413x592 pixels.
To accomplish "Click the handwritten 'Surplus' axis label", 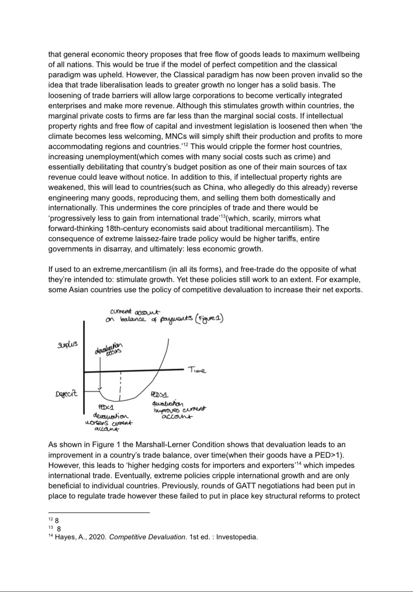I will (67, 345).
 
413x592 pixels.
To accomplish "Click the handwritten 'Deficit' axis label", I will (67, 393).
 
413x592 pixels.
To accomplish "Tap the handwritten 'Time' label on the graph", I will (197, 370).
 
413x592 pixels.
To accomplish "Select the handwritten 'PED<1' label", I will (106, 407).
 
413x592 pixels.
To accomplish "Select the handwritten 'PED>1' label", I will (159, 394).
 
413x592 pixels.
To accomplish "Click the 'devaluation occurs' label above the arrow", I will (109, 348).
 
